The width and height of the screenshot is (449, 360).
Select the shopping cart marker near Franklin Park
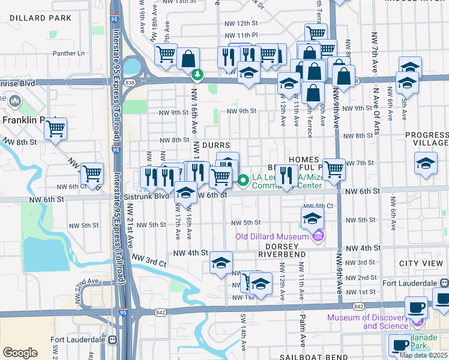point(55,129)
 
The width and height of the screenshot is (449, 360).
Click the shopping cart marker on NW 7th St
point(334,170)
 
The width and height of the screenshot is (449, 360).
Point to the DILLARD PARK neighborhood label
point(41,19)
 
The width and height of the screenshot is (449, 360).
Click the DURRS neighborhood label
point(217,146)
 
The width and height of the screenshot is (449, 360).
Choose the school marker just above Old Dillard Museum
point(312,219)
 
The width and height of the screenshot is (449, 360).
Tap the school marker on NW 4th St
point(221,263)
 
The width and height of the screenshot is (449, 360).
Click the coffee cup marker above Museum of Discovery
point(415,307)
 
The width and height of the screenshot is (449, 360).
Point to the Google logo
point(20,353)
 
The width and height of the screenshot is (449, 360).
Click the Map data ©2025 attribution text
point(423,355)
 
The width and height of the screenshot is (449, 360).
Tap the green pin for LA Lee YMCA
point(243,179)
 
